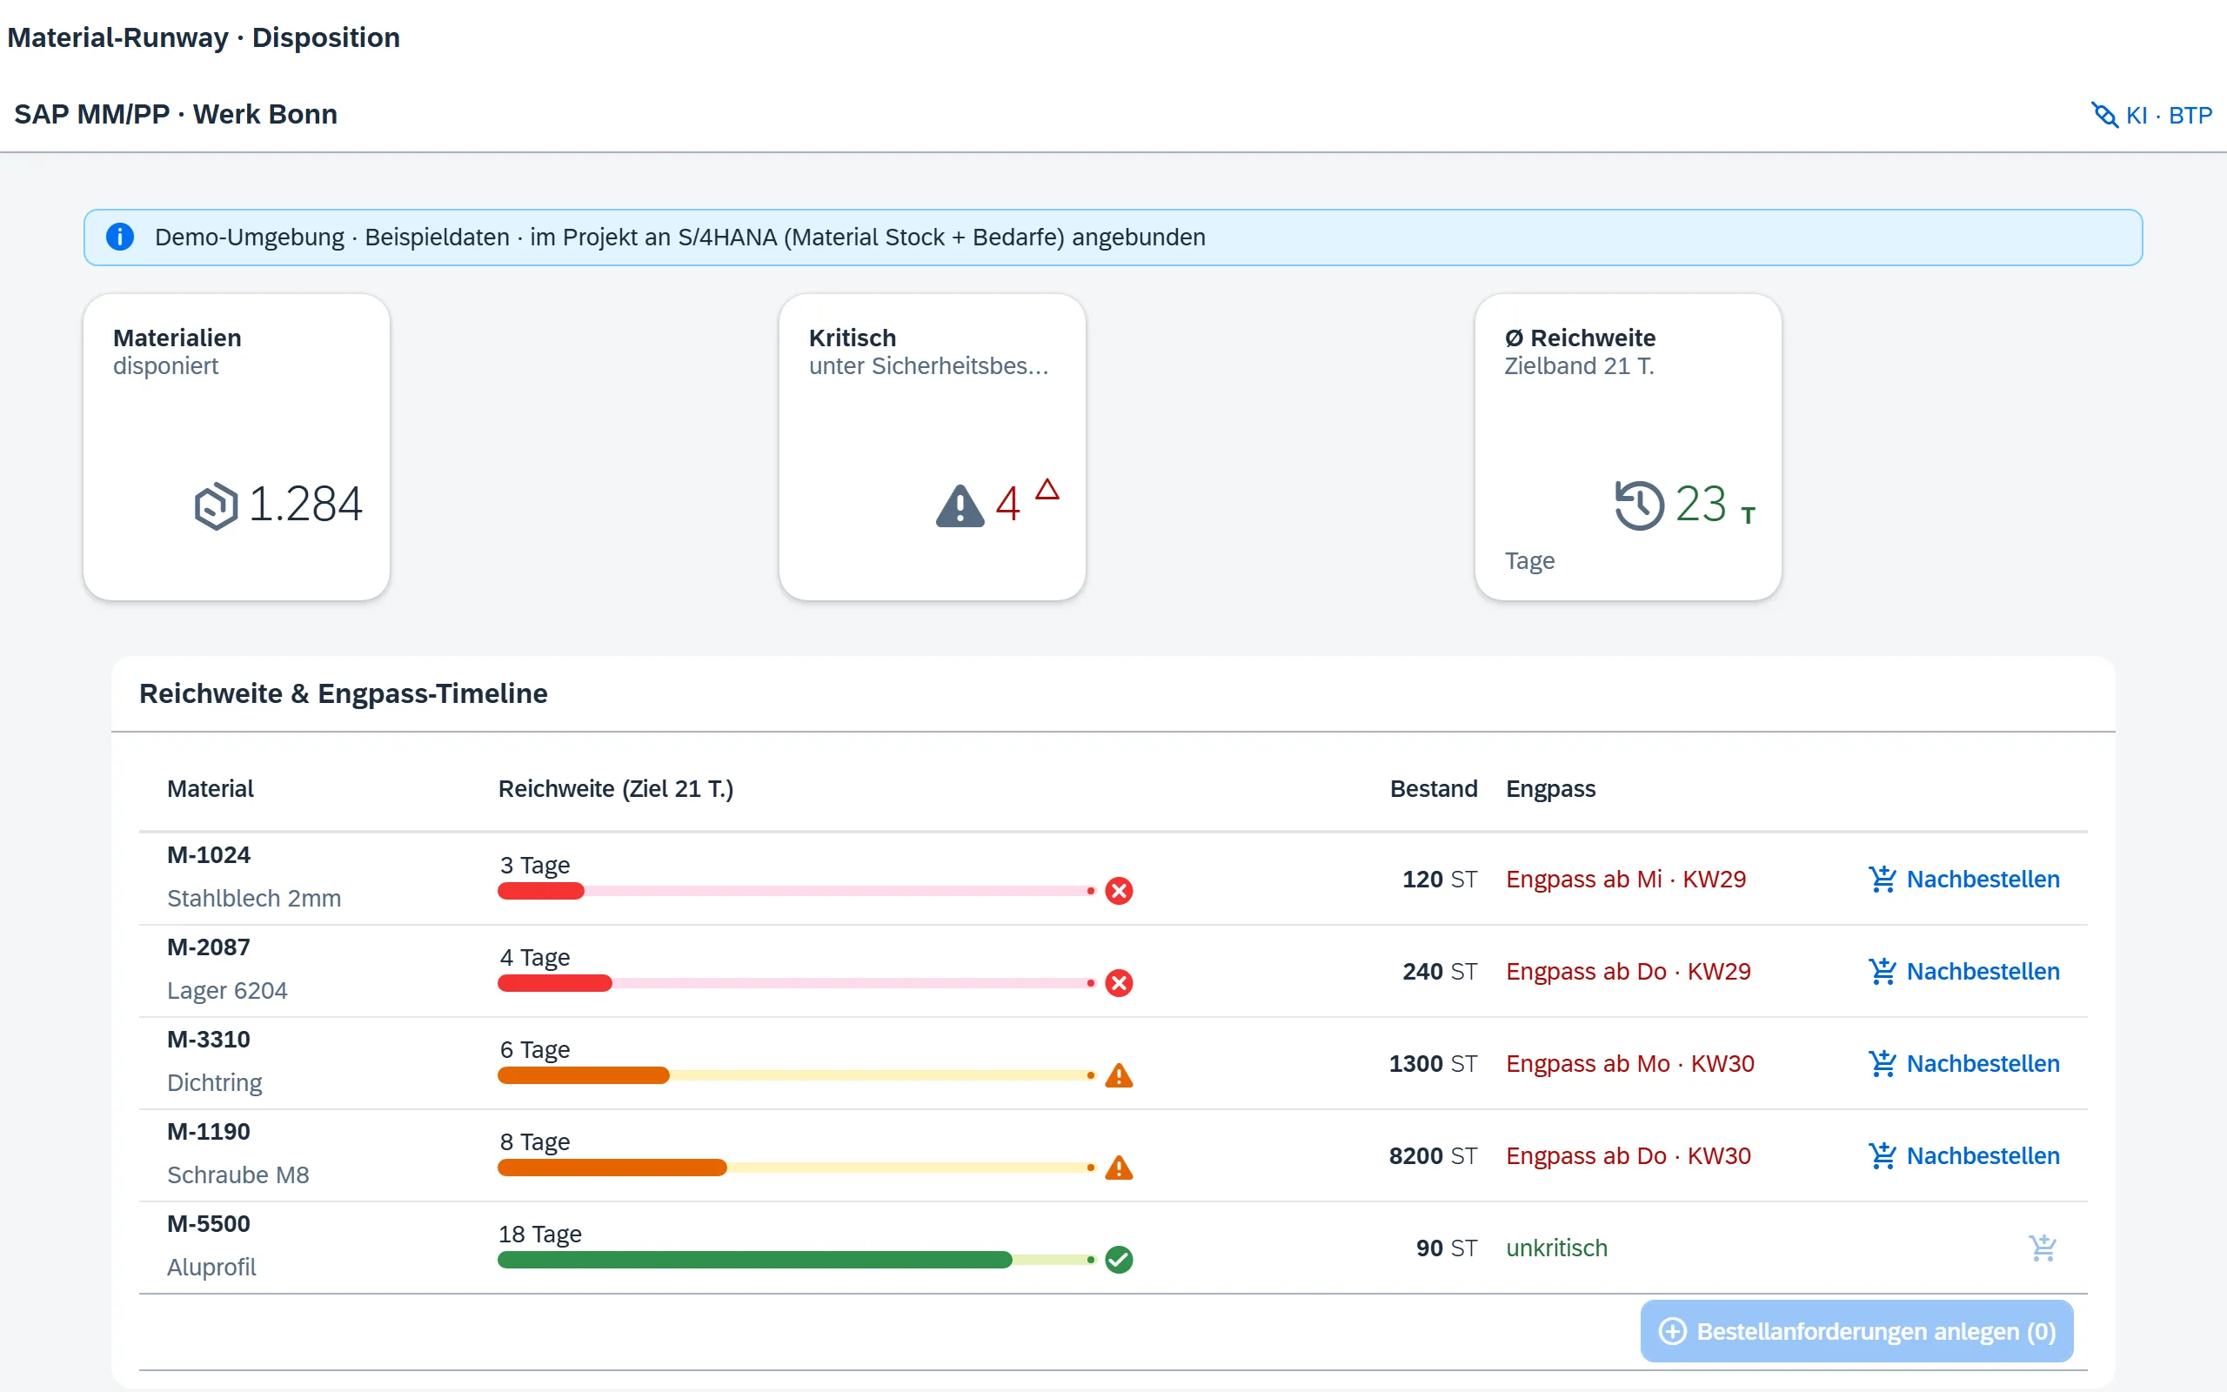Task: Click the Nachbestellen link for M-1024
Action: coord(1963,880)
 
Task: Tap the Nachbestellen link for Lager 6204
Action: coord(1963,971)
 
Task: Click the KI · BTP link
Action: coord(2151,115)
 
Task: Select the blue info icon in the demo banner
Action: coord(120,237)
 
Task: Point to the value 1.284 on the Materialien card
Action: coord(305,505)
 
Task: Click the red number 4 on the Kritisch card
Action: coord(1007,505)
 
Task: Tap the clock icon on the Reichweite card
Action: coord(1639,505)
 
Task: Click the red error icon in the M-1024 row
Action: coord(1119,890)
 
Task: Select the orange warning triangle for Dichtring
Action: coord(1119,1075)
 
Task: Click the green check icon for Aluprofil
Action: coord(1119,1260)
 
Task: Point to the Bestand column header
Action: coord(1434,789)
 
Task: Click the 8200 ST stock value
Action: coord(1433,1155)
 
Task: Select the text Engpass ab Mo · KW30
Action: coord(1629,1063)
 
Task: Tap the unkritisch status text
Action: coord(1557,1248)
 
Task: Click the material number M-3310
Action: coord(209,1040)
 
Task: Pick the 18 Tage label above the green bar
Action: coord(540,1234)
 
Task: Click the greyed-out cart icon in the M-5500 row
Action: coord(2043,1248)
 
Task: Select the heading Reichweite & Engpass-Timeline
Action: coord(344,693)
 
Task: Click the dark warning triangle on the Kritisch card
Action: coord(960,505)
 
